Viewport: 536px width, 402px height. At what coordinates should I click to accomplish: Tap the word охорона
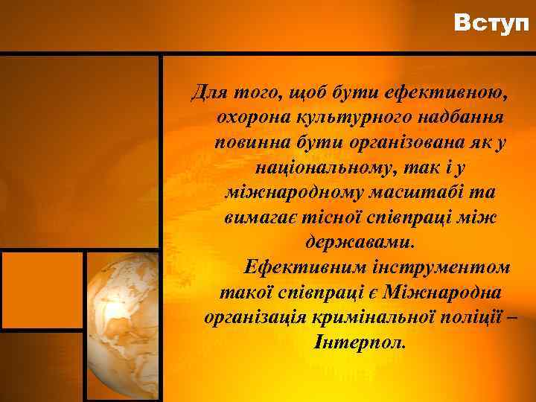tap(251, 118)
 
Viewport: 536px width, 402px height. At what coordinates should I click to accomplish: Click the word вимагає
tap(257, 217)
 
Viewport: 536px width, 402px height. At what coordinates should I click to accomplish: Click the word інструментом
tap(445, 266)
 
